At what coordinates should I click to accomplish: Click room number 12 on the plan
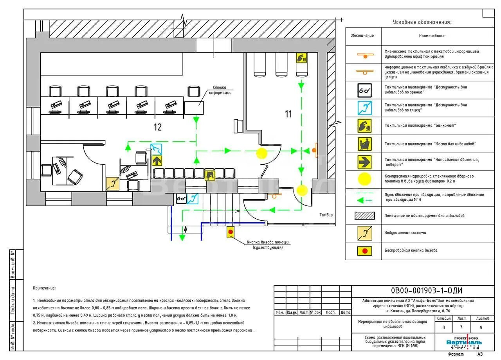[x=157, y=127]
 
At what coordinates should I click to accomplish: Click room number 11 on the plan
[x=288, y=114]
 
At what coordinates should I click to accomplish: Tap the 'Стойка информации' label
[x=220, y=90]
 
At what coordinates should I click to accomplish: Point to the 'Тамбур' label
[x=326, y=215]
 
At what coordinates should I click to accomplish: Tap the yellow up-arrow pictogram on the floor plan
[x=157, y=160]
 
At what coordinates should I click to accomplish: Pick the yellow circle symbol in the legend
[x=364, y=179]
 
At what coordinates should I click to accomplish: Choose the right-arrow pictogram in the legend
[x=364, y=162]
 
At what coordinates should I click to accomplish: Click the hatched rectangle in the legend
[x=364, y=216]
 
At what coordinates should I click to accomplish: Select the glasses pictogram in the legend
[x=364, y=90]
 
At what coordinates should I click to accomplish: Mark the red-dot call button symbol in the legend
[x=364, y=250]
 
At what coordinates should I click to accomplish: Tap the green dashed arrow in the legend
[x=364, y=197]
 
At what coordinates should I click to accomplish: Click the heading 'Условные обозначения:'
[x=422, y=22]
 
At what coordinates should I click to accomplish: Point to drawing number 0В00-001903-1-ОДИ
[x=426, y=291]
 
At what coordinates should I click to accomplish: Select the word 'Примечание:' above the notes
[x=44, y=288]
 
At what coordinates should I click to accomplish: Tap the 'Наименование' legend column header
[x=432, y=36]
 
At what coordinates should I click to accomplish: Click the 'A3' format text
[x=480, y=354]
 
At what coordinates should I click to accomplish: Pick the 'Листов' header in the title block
[x=483, y=319]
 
